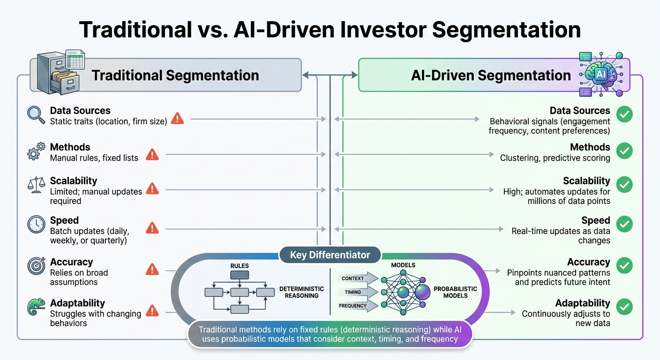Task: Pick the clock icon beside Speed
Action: pos(36,225)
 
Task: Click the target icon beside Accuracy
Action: pos(36,266)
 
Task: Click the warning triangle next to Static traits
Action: pos(177,118)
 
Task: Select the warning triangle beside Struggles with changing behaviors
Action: pos(152,310)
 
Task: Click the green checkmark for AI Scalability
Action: pos(624,185)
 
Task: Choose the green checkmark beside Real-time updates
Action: pos(624,224)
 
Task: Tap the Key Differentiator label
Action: pos(330,255)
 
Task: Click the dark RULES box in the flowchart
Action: pos(240,276)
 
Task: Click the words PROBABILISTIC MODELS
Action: pos(455,292)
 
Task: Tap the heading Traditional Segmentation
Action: pos(175,75)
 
